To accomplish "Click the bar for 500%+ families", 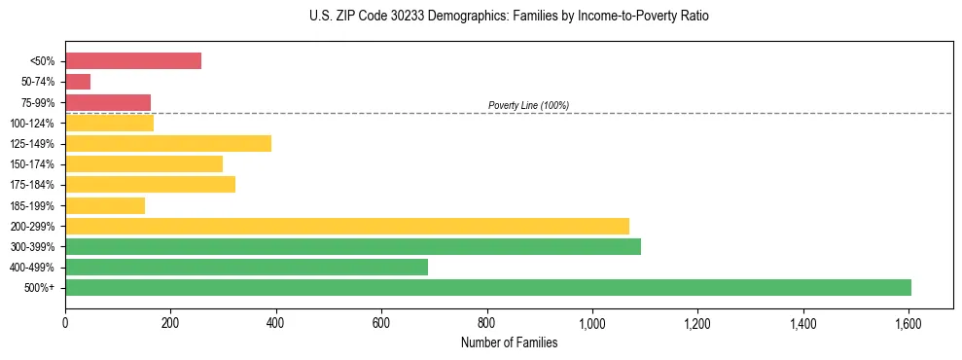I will (487, 287).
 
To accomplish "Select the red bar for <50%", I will (133, 61).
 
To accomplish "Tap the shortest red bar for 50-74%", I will (78, 82).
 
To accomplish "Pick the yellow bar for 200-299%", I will (347, 226).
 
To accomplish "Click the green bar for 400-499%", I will (246, 267).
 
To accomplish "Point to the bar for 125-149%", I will (168, 143).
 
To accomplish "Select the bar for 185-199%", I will (105, 205).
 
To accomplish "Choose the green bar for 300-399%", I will (353, 246).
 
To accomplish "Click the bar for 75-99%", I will (108, 102).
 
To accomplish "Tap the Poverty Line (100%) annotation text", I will (528, 105).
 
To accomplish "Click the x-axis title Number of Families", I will (509, 342).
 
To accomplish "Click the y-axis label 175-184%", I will (32, 185).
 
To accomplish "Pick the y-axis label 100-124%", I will (32, 124).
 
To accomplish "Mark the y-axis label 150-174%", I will (32, 164).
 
